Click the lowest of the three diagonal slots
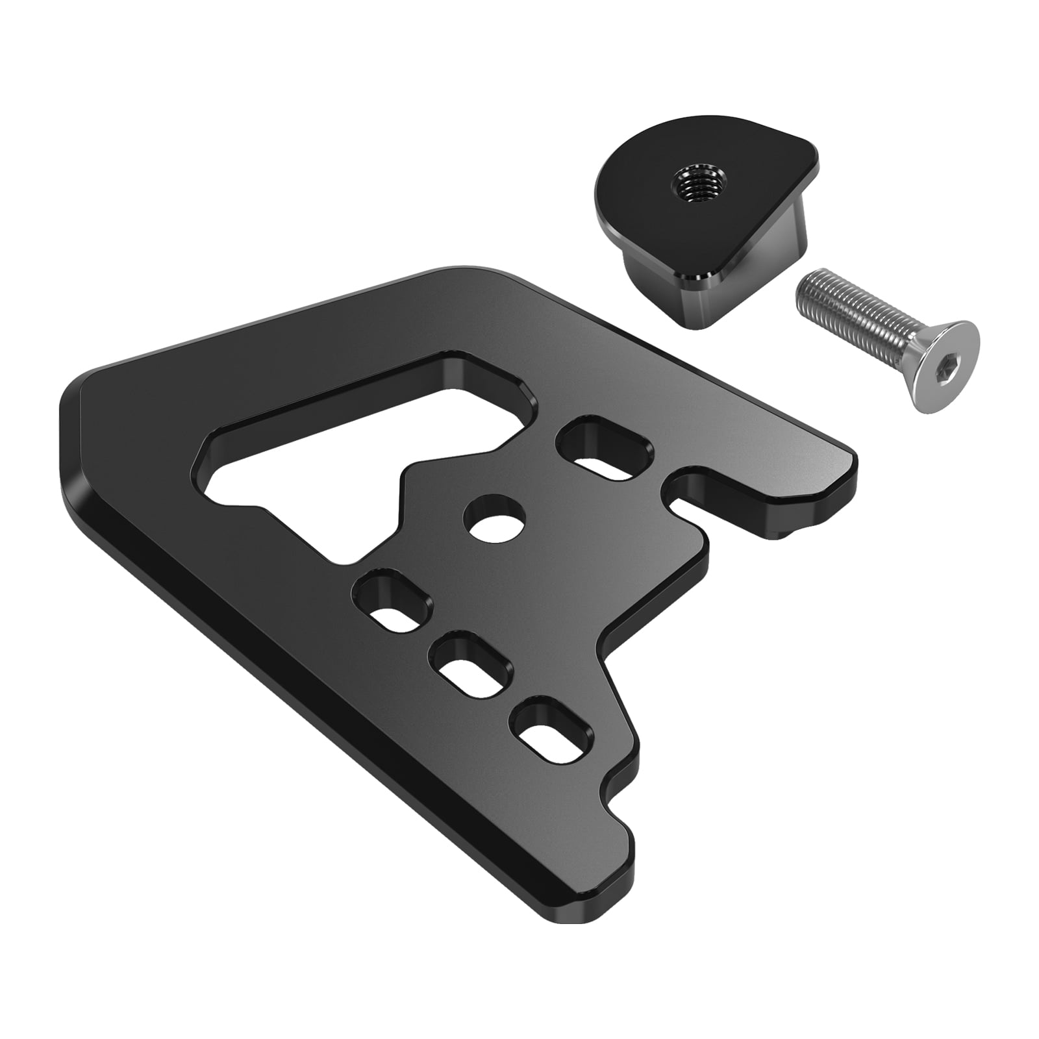(x=555, y=734)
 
